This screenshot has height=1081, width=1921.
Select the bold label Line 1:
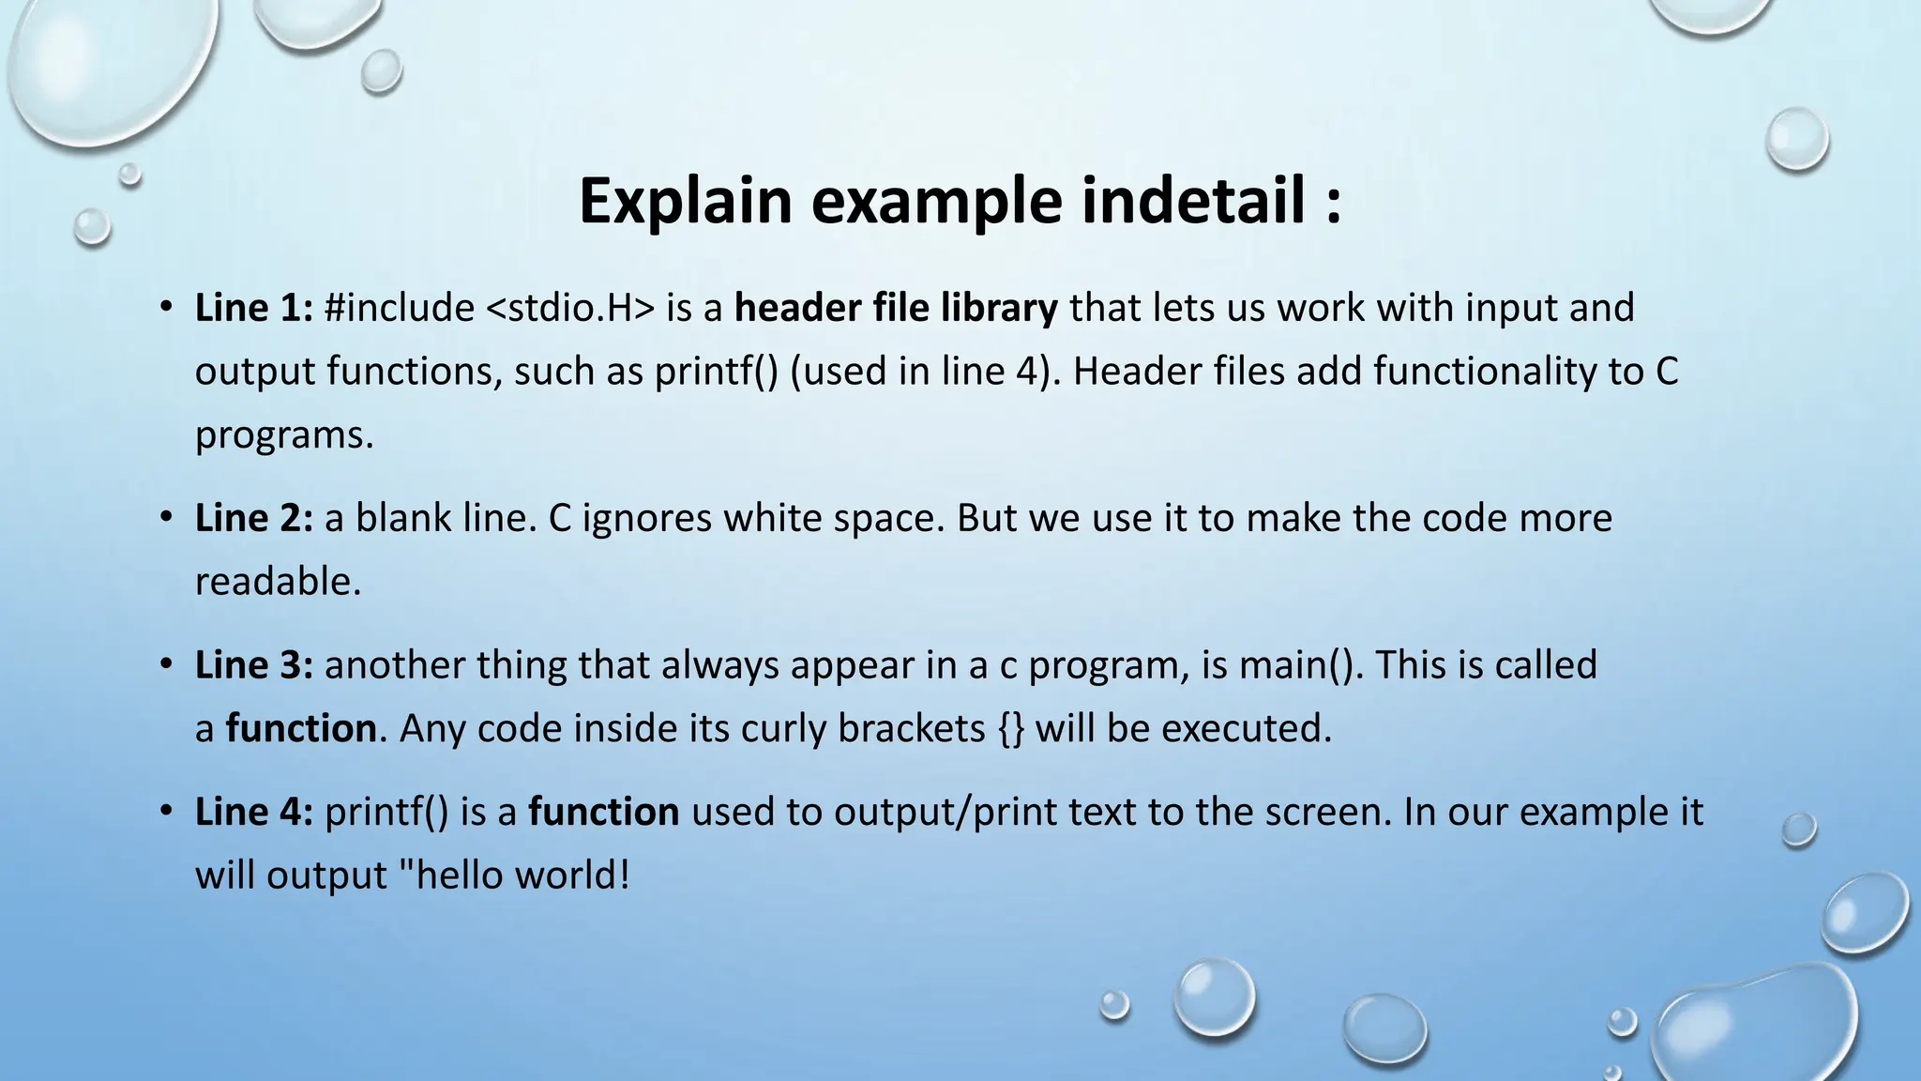click(x=253, y=308)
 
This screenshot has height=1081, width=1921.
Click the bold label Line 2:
click(x=253, y=518)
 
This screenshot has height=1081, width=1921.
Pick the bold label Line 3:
click(x=253, y=664)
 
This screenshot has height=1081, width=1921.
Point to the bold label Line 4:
click(x=253, y=812)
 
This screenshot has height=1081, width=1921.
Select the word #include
click(x=400, y=308)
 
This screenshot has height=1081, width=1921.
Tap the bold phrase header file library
click(x=896, y=308)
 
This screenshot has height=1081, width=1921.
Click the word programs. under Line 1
click(x=284, y=436)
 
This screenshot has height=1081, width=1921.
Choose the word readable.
click(x=278, y=582)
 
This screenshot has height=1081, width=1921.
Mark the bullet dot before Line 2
click(x=166, y=517)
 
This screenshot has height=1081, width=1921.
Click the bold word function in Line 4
click(x=603, y=812)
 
